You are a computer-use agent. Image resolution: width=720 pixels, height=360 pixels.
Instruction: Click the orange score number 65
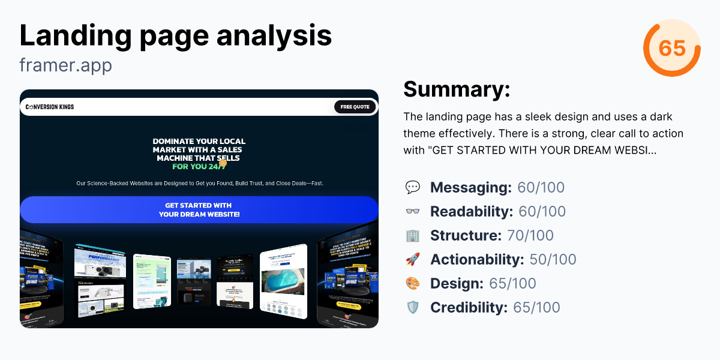(672, 47)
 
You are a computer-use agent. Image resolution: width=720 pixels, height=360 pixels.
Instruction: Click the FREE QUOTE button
(355, 107)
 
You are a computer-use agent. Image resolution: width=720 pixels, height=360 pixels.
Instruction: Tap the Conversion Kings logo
(50, 107)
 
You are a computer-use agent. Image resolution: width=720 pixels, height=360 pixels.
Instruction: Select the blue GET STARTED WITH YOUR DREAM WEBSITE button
(199, 210)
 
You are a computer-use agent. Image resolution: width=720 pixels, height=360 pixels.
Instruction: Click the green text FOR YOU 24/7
(199, 166)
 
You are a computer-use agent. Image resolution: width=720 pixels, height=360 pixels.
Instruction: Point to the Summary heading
(457, 89)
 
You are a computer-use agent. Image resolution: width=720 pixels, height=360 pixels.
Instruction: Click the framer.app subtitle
(65, 65)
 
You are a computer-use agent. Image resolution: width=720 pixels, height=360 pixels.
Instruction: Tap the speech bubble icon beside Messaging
(413, 188)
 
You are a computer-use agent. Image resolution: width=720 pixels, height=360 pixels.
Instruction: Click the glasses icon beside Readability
(413, 212)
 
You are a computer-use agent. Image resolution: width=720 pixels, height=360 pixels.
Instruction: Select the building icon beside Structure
(413, 236)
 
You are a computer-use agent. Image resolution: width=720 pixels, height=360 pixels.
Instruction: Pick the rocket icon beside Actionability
(413, 260)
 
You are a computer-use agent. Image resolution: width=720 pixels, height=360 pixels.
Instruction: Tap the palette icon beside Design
(413, 284)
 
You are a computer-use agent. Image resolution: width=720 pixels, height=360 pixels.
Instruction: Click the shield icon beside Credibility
(413, 308)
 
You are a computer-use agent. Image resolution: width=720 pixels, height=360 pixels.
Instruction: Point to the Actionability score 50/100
(553, 260)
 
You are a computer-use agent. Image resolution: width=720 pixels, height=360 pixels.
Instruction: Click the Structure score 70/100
(530, 236)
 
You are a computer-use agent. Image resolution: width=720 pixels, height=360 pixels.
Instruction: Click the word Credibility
(469, 308)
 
